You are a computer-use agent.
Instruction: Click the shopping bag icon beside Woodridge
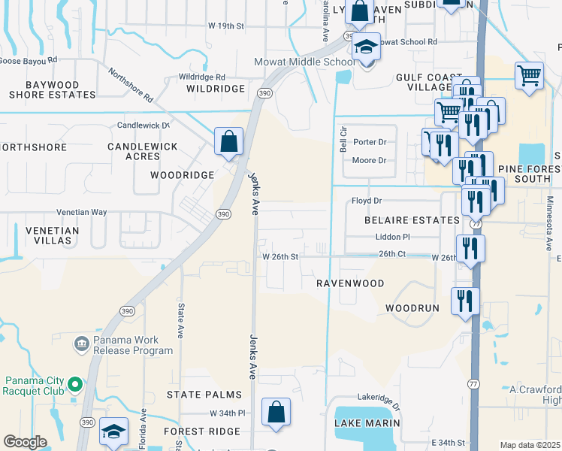pyautogui.click(x=228, y=141)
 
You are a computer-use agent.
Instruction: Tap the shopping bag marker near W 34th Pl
pyautogui.click(x=276, y=412)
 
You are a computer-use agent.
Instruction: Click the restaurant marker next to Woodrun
pyautogui.click(x=464, y=301)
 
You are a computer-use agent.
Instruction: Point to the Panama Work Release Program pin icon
pyautogui.click(x=82, y=344)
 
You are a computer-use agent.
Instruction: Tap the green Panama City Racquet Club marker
pyautogui.click(x=74, y=386)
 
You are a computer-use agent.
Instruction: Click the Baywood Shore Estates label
pyautogui.click(x=52, y=89)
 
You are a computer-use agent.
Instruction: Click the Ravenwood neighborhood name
pyautogui.click(x=349, y=283)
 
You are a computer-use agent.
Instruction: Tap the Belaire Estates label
pyautogui.click(x=411, y=220)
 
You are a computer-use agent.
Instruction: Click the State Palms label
pyautogui.click(x=204, y=395)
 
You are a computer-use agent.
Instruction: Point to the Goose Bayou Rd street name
pyautogui.click(x=29, y=60)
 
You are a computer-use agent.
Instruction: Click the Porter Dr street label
pyautogui.click(x=370, y=141)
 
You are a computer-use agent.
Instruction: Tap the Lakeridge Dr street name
pyautogui.click(x=379, y=396)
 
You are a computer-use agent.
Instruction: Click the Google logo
pyautogui.click(x=26, y=442)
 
